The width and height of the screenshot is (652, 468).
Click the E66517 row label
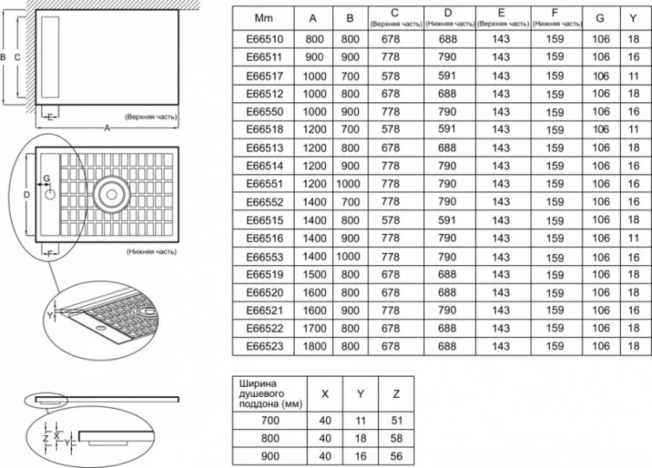click(264, 76)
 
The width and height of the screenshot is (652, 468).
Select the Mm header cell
click(264, 18)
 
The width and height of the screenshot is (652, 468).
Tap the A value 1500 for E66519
click(314, 275)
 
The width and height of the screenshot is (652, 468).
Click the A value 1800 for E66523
click(314, 346)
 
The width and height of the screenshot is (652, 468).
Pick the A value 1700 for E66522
click(314, 328)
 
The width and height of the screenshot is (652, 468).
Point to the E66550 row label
click(264, 112)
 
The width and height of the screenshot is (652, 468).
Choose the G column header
click(600, 18)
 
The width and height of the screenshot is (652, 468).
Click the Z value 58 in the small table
click(397, 438)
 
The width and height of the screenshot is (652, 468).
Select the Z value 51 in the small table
click(397, 420)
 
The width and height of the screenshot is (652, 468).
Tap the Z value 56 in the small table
click(397, 456)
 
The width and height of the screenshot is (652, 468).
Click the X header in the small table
click(325, 394)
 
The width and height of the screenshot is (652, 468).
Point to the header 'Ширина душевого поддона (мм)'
click(271, 394)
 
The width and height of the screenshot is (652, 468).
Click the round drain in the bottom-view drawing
click(112, 194)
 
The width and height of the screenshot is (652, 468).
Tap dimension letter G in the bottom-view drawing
click(47, 178)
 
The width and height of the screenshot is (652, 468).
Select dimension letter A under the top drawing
click(107, 128)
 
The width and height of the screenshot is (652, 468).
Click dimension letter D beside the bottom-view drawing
click(27, 194)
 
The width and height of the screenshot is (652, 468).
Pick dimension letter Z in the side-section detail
click(46, 438)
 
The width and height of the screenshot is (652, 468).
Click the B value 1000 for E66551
click(348, 183)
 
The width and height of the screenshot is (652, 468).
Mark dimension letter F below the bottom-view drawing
click(50, 253)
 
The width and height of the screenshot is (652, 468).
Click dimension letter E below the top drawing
click(50, 117)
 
